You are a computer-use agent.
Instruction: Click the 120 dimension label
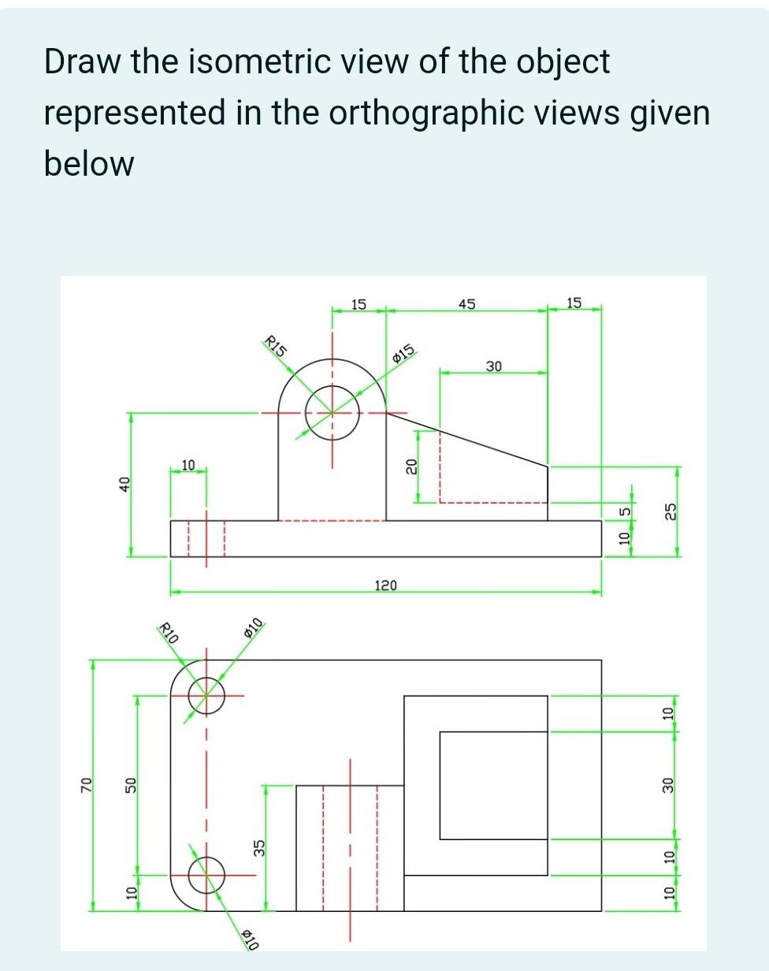(x=386, y=586)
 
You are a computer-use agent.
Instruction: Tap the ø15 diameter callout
(x=403, y=355)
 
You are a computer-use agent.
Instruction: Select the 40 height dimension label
(x=123, y=484)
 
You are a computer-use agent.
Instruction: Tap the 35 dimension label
(x=257, y=847)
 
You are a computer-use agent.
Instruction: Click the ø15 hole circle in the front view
(x=332, y=412)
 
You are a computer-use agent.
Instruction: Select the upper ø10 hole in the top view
(x=206, y=695)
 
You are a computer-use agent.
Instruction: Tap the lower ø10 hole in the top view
(x=206, y=874)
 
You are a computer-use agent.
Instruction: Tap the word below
(x=89, y=164)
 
